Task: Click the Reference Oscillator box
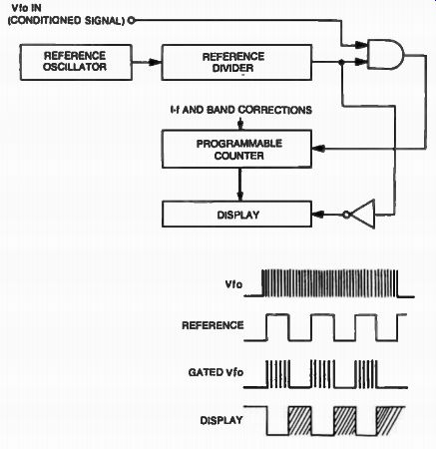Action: (76, 62)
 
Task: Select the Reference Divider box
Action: (236, 62)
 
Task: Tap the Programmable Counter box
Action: (236, 149)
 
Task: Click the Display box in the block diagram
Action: (236, 215)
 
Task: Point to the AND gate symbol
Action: (385, 54)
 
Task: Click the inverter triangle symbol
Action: (363, 215)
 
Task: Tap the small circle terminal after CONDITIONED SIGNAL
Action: (132, 21)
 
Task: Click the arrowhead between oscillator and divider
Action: (155, 62)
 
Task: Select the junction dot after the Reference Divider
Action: (341, 62)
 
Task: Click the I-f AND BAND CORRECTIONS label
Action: (240, 110)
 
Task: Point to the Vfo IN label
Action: (26, 8)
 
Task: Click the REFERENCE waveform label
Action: (213, 325)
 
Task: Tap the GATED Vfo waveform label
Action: (216, 372)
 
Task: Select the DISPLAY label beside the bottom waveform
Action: (221, 420)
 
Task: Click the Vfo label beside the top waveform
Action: (233, 284)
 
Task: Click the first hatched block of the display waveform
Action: (300, 420)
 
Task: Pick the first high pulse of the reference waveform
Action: (277, 327)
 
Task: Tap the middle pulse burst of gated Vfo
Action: (322, 374)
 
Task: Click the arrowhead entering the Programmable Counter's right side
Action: (318, 149)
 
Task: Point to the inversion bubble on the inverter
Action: (347, 215)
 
